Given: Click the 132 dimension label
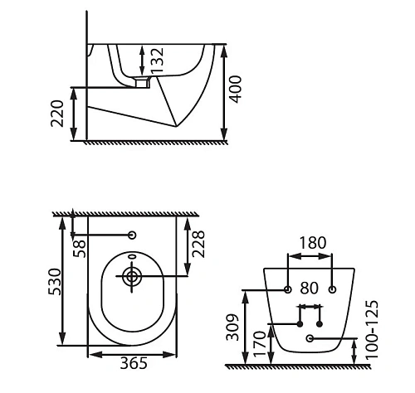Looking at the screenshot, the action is (157, 61).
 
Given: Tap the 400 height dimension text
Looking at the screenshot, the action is (236, 89).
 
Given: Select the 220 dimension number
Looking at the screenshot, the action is (57, 114).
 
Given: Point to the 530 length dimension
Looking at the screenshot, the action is (54, 282).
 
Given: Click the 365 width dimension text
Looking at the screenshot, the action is (134, 363).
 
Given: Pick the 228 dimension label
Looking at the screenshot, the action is (198, 244).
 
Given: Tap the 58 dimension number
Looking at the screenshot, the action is (80, 249).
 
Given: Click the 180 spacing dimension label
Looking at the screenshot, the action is (313, 243).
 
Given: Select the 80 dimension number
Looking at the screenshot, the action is (310, 288).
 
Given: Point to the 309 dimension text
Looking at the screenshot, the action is (232, 327).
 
